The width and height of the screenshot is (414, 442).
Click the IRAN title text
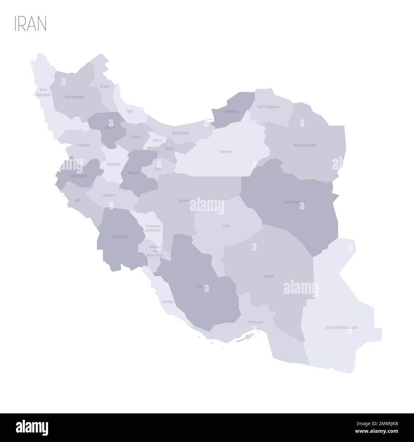[30, 24]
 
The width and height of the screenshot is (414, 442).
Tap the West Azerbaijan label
[43, 92]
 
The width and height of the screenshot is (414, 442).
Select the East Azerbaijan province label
[74, 97]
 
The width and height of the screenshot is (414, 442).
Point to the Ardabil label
[104, 86]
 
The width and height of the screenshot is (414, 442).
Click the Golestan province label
[232, 111]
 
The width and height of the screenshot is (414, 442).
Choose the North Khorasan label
[268, 107]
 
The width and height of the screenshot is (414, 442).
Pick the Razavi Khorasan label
[304, 145]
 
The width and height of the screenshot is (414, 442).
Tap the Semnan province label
[225, 152]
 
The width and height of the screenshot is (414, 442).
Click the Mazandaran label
[181, 133]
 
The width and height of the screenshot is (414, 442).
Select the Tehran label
[169, 148]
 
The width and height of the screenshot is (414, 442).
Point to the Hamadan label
[114, 164]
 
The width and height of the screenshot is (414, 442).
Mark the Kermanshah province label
[78, 176]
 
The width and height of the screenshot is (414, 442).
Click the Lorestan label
[109, 195]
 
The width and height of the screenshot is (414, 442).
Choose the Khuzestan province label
[120, 236]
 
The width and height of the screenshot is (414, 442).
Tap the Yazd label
[226, 226]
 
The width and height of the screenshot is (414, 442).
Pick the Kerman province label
[269, 276]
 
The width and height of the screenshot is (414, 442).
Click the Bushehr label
[168, 301]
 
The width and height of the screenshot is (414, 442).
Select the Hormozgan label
[255, 322]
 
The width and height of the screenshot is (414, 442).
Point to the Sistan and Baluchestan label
[342, 327]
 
